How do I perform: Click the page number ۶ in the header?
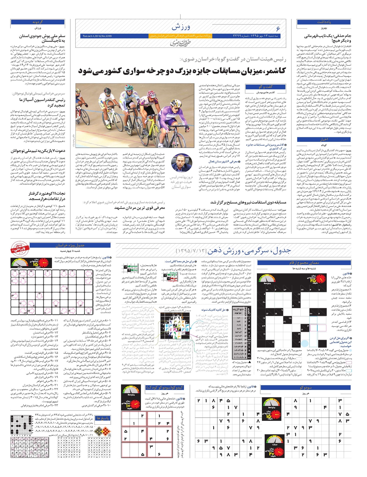278,28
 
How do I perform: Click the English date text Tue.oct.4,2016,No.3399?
97,36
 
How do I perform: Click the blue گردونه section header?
38,22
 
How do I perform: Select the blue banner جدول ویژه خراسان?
70,245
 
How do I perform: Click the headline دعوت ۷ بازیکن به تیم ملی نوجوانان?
38,150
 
